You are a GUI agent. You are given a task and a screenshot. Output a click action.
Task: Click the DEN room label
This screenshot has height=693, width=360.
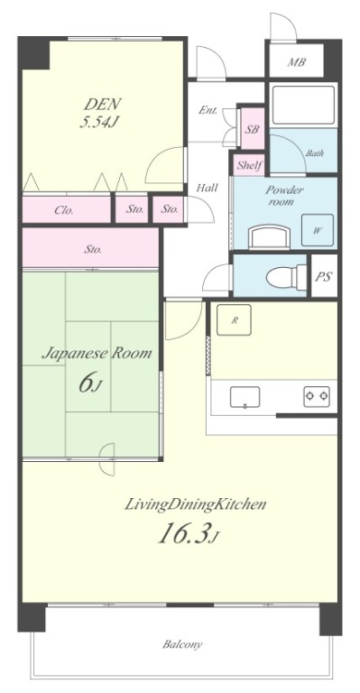pyautogui.click(x=103, y=105)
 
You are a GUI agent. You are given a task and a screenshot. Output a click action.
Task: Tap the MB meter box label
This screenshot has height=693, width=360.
pyautogui.click(x=297, y=62)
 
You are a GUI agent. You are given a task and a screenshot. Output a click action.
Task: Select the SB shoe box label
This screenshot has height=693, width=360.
pyautogui.click(x=253, y=130)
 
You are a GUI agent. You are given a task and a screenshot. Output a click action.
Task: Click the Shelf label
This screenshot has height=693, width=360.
pyautogui.click(x=250, y=166)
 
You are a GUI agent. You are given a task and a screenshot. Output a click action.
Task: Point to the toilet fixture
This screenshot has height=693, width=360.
pyautogui.click(x=287, y=277)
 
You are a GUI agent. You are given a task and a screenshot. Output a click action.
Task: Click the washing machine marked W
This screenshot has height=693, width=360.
pyautogui.click(x=318, y=230)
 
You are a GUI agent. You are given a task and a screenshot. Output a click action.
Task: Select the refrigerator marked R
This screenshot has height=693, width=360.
pyautogui.click(x=234, y=320)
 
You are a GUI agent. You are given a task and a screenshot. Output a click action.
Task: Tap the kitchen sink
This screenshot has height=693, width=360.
pyautogui.click(x=245, y=397)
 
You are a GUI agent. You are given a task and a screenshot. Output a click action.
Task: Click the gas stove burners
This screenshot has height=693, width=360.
pyautogui.click(x=317, y=396)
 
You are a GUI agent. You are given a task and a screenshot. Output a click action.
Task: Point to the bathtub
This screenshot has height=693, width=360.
pyautogui.click(x=303, y=106)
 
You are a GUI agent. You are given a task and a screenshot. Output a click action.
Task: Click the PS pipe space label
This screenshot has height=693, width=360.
pyautogui.click(x=324, y=276)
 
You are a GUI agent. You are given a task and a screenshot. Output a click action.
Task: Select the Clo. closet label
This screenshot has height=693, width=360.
pyautogui.click(x=64, y=210)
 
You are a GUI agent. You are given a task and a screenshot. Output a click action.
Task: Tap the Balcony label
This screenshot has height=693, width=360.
pyautogui.click(x=182, y=644)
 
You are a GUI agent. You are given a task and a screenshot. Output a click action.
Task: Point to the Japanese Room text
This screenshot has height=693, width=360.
pyautogui.click(x=97, y=354)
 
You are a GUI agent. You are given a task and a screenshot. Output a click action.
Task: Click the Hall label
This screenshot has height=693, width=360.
pyautogui.click(x=208, y=188)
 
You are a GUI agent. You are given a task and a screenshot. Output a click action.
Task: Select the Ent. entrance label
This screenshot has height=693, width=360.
pyautogui.click(x=208, y=110)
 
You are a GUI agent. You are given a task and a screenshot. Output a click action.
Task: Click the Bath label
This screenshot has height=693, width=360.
pyautogui.click(x=315, y=153)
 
